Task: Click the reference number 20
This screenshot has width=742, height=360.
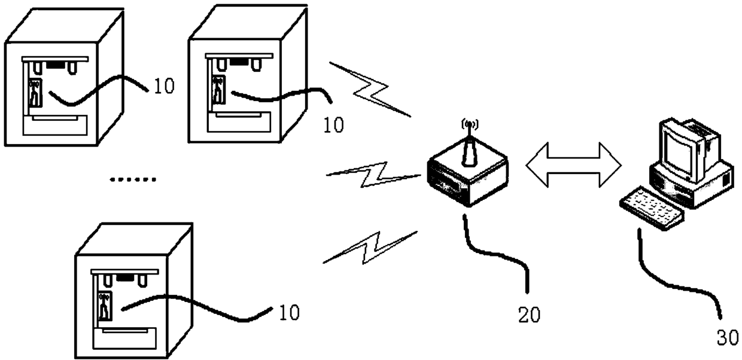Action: [529, 315]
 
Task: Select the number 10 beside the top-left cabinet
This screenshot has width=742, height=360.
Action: [163, 87]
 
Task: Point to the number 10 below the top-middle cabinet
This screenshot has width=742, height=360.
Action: [334, 125]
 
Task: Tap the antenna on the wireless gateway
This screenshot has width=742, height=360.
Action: [469, 147]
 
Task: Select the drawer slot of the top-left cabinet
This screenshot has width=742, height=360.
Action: [55, 126]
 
